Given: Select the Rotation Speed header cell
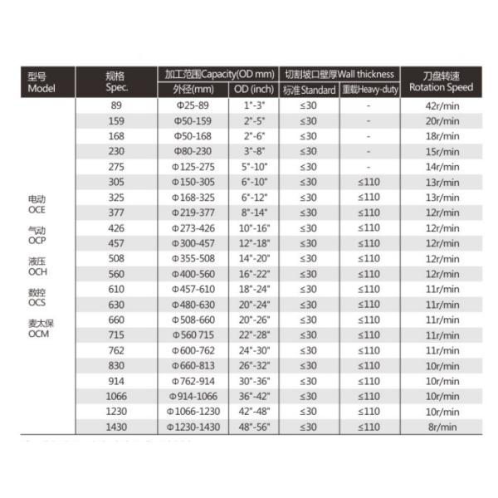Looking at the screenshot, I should [x=441, y=81].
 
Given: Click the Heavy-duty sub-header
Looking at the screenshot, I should [x=369, y=90].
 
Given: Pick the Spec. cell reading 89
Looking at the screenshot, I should [x=116, y=105].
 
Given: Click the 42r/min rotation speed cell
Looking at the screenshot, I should [x=441, y=105].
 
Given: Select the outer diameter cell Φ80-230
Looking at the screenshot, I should [x=193, y=151].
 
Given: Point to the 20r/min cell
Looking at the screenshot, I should [x=441, y=120].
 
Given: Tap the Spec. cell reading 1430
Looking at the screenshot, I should [x=116, y=427].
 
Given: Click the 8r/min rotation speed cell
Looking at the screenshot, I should [x=441, y=427].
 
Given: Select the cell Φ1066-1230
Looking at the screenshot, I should [x=193, y=412].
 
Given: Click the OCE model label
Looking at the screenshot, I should [x=36, y=211].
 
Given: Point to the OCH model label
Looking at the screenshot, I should [x=36, y=271].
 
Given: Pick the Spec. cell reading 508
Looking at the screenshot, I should [x=116, y=258].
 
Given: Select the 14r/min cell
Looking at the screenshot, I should [x=441, y=167].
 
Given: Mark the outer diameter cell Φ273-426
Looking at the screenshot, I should [x=193, y=227].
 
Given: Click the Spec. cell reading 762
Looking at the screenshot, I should [x=116, y=350].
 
